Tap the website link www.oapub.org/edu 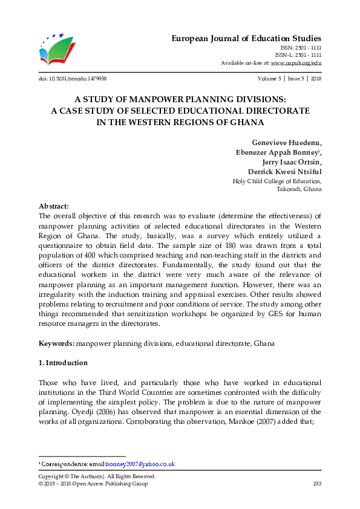pos(296,63)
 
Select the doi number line pos(72,79)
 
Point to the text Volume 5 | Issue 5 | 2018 pos(289,79)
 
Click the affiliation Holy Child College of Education pos(277,181)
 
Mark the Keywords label pos(57,343)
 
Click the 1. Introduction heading pos(63,363)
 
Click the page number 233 pos(316,484)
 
